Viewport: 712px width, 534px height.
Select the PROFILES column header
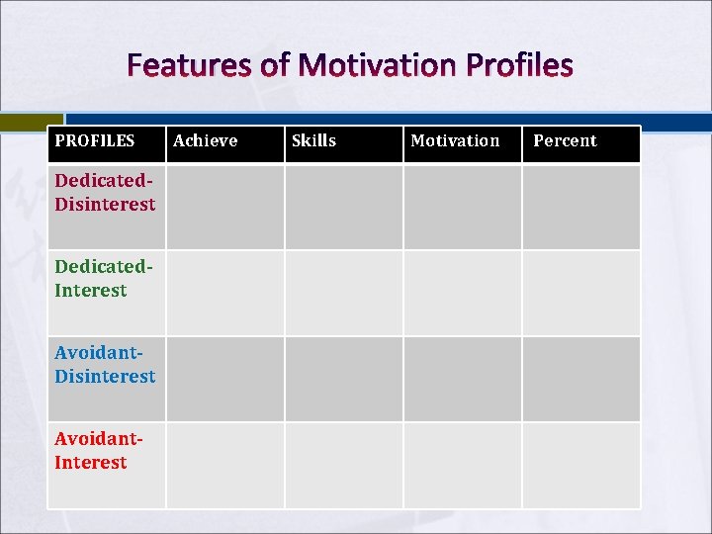(x=95, y=140)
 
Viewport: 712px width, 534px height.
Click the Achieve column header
(x=206, y=140)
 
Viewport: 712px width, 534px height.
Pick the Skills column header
(x=314, y=140)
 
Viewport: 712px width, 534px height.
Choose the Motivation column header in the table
(x=455, y=140)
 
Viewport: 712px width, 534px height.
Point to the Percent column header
(x=565, y=140)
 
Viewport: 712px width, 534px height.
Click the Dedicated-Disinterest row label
(x=105, y=193)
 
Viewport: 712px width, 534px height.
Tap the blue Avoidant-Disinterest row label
(x=105, y=365)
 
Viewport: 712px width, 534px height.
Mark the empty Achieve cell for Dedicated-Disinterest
(x=225, y=207)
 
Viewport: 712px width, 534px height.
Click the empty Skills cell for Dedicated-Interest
(x=344, y=293)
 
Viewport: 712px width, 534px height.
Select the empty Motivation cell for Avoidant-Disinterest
(x=463, y=379)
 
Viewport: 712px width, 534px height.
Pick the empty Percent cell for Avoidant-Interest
(x=581, y=465)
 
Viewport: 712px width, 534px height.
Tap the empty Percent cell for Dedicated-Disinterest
(x=581, y=207)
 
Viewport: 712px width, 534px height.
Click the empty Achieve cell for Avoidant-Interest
(x=225, y=465)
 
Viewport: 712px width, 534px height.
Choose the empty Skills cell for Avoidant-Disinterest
(x=344, y=379)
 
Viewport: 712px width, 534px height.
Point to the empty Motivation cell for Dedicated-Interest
(x=463, y=293)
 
